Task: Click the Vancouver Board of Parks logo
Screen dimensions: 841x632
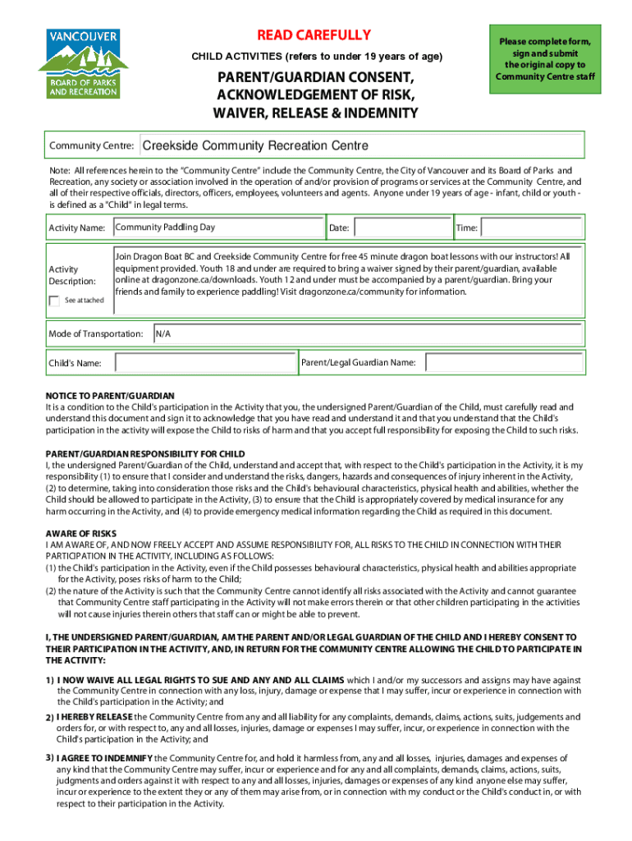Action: pos(83,63)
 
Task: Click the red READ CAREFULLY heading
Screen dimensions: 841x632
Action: pos(314,35)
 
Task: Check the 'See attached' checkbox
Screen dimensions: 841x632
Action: pos(54,301)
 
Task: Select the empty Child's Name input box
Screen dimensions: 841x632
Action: pos(204,362)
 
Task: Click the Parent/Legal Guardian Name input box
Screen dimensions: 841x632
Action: pos(504,362)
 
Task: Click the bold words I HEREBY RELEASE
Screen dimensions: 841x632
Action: pos(95,717)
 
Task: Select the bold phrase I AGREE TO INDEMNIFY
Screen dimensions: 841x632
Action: pos(104,757)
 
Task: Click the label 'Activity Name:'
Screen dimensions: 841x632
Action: pos(77,227)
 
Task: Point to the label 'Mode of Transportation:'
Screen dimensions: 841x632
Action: pos(96,334)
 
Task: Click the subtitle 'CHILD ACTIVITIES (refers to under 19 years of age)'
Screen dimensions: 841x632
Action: pos(317,57)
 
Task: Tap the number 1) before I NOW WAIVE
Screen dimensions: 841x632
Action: pos(50,680)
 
